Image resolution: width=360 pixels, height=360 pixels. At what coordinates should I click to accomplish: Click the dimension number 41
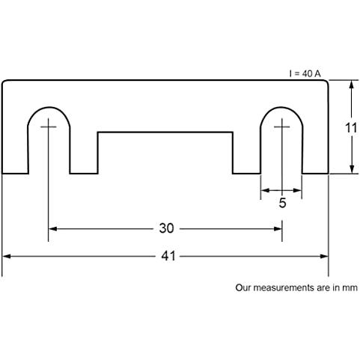click(168, 256)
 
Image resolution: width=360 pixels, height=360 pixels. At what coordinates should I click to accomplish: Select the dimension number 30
click(166, 228)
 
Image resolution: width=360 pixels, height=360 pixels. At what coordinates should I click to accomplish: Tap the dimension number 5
click(282, 203)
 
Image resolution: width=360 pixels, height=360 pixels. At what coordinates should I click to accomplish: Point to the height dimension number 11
click(351, 128)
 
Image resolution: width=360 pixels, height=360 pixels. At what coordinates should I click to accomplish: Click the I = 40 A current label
click(305, 73)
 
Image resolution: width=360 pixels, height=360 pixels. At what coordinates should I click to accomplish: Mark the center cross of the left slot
click(49, 127)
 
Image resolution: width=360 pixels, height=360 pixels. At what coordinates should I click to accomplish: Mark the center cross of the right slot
click(282, 127)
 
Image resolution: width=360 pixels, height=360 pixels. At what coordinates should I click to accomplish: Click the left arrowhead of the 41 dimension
click(6, 256)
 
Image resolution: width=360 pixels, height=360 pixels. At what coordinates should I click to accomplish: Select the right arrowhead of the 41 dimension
click(324, 256)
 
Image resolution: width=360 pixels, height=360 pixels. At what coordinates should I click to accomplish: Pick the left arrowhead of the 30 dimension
click(52, 229)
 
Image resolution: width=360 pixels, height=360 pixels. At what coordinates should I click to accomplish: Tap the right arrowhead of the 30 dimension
click(278, 229)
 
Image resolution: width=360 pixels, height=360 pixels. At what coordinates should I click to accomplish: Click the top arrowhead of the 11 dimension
click(352, 85)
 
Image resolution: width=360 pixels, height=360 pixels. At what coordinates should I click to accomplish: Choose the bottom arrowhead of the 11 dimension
click(352, 169)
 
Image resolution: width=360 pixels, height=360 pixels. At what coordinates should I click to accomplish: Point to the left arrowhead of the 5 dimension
click(265, 191)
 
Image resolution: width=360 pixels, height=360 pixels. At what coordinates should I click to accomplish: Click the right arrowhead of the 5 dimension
click(297, 191)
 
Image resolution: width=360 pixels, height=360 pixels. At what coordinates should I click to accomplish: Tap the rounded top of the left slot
click(49, 108)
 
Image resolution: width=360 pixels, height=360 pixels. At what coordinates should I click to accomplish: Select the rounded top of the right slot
click(281, 108)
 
